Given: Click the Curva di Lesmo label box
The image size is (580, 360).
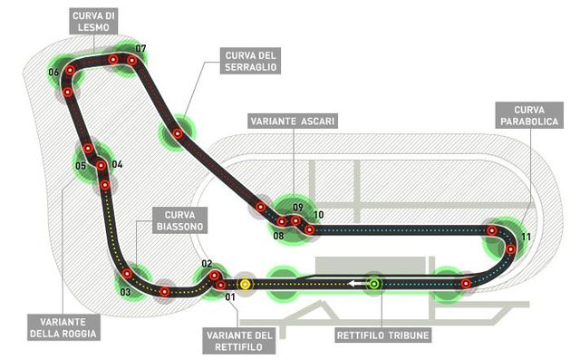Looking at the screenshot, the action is (x=93, y=22).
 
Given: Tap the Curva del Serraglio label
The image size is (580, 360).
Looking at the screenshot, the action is (x=250, y=61).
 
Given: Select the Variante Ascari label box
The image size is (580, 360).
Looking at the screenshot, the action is (x=293, y=121).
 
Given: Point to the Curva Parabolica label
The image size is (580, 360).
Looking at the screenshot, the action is (x=529, y=115).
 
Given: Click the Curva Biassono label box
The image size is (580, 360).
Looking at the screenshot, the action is (x=179, y=220).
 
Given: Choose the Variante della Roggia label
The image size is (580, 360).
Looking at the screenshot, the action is (x=63, y=327).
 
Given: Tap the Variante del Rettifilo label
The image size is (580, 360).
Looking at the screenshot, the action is (x=239, y=341).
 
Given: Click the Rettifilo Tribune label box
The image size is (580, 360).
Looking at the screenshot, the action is (x=382, y=336).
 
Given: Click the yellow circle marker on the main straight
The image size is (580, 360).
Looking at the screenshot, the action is (x=245, y=284).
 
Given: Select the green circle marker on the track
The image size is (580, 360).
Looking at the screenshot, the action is (x=374, y=284).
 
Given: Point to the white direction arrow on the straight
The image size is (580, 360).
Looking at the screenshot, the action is (x=355, y=284).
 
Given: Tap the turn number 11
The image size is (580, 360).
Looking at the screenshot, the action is (x=526, y=237).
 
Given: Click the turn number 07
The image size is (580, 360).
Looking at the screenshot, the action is (x=140, y=48).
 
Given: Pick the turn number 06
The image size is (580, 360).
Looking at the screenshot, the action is (x=53, y=73).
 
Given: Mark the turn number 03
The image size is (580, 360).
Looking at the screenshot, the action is (x=125, y=292).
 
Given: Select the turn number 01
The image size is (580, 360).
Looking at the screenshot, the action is (x=230, y=297).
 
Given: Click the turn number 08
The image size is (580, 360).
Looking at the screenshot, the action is (x=278, y=236).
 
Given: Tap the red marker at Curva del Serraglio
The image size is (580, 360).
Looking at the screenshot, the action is (x=178, y=133).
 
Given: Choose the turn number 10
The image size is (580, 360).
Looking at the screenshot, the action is (x=318, y=215).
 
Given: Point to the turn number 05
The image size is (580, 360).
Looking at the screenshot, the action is (x=81, y=166).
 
